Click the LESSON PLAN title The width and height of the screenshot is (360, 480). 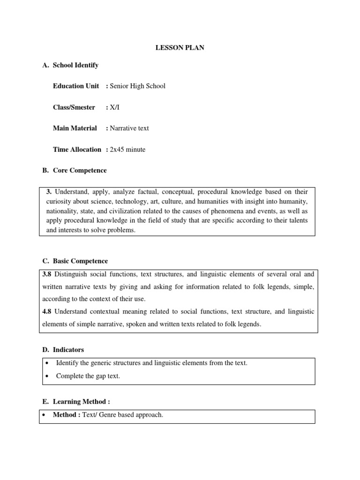[180, 48]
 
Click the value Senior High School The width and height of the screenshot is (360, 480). [137, 86]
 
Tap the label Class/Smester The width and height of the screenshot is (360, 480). [74, 107]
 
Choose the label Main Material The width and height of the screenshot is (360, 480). [75, 128]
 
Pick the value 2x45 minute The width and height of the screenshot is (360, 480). [127, 150]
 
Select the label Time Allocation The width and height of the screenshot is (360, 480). [77, 150]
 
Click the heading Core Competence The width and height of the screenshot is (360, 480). [80, 171]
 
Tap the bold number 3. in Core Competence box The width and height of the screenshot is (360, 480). [50, 192]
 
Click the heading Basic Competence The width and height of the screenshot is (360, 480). [80, 261]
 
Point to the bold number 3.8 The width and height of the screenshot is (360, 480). [48, 274]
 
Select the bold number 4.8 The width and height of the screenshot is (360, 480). [48, 312]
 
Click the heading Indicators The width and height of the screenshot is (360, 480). [68, 350]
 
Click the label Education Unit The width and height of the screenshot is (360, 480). [76, 86]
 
